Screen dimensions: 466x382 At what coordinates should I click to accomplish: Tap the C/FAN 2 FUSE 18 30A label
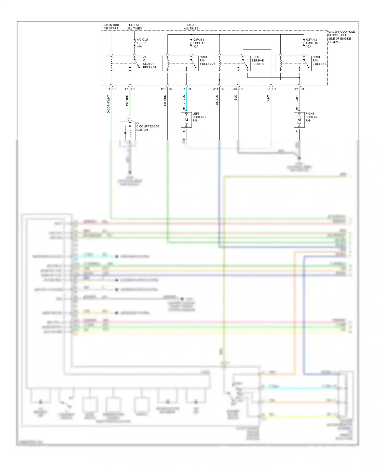(x=311, y=43)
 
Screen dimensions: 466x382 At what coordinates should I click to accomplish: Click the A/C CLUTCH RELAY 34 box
(x=124, y=63)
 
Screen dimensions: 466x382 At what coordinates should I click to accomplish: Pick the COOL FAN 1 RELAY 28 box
(x=180, y=63)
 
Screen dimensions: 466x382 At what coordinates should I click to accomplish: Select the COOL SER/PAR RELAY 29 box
(x=232, y=63)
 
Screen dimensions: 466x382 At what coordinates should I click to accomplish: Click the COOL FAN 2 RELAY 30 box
(x=293, y=63)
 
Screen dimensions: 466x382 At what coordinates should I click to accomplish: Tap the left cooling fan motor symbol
(x=186, y=120)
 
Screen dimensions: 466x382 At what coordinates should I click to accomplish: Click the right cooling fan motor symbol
(x=299, y=120)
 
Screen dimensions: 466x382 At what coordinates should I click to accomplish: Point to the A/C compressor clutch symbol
(x=128, y=131)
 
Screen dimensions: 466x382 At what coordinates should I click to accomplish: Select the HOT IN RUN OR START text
(x=111, y=27)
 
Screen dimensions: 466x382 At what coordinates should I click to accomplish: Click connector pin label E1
(x=108, y=89)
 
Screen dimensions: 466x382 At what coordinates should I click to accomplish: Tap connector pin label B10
(x=163, y=89)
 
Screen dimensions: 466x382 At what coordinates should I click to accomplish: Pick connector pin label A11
(x=215, y=89)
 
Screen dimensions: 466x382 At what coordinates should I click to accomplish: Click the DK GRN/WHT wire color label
(x=108, y=104)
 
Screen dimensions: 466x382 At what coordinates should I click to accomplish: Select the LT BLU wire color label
(x=184, y=99)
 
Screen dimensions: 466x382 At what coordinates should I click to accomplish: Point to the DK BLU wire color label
(x=217, y=100)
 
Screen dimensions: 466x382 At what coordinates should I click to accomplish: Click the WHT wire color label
(x=268, y=98)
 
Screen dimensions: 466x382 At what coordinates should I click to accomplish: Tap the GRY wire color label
(x=296, y=98)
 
